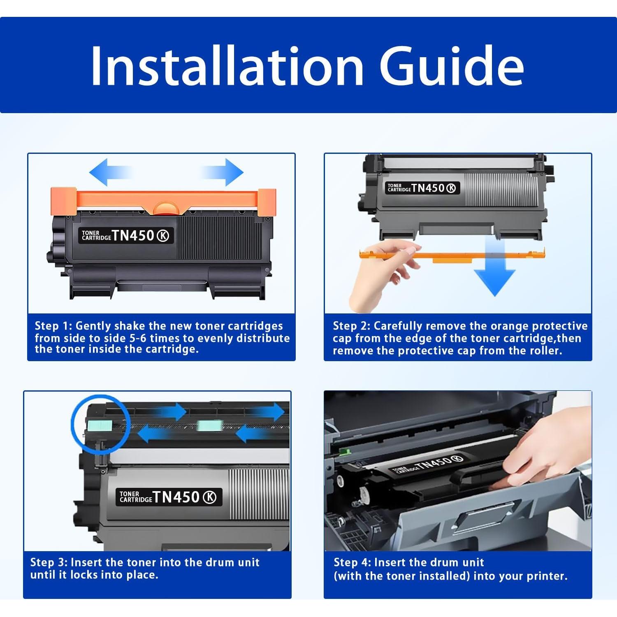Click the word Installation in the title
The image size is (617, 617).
click(227, 66)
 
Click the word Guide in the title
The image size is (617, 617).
click(452, 66)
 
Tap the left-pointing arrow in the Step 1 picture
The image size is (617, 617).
click(110, 172)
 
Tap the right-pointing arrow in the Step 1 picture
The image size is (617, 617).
click(223, 172)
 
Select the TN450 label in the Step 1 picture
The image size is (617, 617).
click(126, 236)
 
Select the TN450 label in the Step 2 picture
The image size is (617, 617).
click(422, 188)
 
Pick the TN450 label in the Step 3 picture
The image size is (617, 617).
click(169, 497)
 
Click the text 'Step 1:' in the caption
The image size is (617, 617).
click(53, 326)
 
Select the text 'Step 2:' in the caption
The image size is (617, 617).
click(352, 326)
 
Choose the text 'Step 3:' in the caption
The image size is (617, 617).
click(49, 562)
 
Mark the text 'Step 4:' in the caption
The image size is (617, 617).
click(353, 562)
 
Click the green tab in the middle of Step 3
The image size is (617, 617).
click(209, 426)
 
